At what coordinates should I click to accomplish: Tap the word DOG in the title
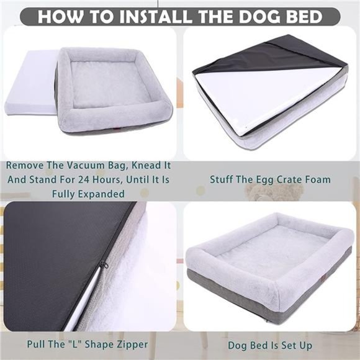pos(255,16)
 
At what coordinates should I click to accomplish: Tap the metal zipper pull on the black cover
pos(104,266)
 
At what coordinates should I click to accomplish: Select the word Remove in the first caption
pos(26,166)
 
